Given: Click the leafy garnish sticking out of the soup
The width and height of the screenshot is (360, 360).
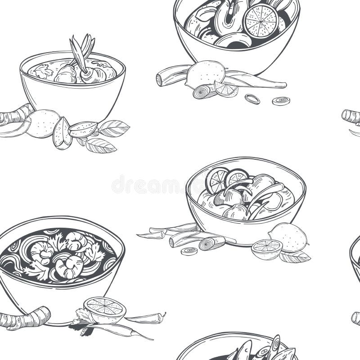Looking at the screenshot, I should click(x=82, y=49).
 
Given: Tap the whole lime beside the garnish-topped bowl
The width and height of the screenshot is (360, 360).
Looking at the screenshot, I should click(x=42, y=123).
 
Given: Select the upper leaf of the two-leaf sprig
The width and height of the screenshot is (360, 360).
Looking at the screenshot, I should click(x=113, y=128).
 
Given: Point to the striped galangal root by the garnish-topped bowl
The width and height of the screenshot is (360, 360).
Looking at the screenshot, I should click(x=16, y=115).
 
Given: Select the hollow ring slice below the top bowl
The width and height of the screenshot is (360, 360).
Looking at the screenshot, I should click(x=252, y=99).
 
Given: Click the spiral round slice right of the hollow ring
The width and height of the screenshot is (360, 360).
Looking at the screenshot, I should click(x=281, y=101).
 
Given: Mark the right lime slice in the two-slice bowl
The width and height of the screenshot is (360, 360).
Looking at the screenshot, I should click(x=237, y=177).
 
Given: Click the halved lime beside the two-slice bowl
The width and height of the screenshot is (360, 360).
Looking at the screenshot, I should click(x=267, y=249).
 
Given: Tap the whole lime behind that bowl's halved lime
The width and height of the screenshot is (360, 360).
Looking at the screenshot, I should click(x=288, y=237).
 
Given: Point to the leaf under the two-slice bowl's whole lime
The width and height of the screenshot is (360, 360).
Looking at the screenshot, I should click(x=295, y=257).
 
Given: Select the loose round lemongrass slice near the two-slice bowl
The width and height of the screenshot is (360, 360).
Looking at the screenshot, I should click(x=189, y=251).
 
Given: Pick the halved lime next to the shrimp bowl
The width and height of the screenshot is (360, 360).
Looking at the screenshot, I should click(x=105, y=309).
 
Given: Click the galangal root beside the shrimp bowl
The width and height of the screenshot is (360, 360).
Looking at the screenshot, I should click(x=25, y=319).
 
